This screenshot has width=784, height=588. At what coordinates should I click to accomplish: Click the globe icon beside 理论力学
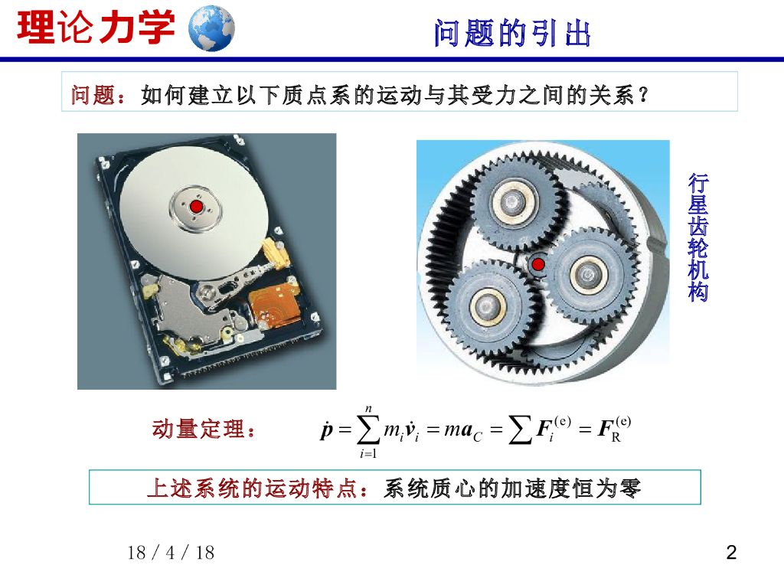(x=211, y=28)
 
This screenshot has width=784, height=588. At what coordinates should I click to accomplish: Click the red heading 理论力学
(x=96, y=28)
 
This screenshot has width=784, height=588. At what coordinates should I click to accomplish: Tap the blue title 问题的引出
(x=512, y=34)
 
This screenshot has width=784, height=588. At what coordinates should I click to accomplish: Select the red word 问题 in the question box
(x=93, y=94)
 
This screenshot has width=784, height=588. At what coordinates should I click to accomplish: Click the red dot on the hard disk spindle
(x=196, y=207)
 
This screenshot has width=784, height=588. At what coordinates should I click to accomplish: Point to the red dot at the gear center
(x=538, y=264)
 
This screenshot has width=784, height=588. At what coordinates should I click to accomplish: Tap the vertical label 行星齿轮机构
(x=698, y=237)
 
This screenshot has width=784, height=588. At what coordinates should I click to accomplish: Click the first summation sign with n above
(x=368, y=431)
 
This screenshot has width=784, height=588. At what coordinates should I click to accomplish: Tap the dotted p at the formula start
(x=326, y=430)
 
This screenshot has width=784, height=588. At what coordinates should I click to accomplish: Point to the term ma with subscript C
(x=463, y=430)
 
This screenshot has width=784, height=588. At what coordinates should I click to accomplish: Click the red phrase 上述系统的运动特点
(x=253, y=488)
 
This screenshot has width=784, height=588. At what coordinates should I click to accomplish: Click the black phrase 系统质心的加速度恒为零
(x=512, y=488)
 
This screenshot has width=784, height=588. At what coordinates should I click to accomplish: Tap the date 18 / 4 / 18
(x=171, y=553)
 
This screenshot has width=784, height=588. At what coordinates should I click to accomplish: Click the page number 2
(x=731, y=553)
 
